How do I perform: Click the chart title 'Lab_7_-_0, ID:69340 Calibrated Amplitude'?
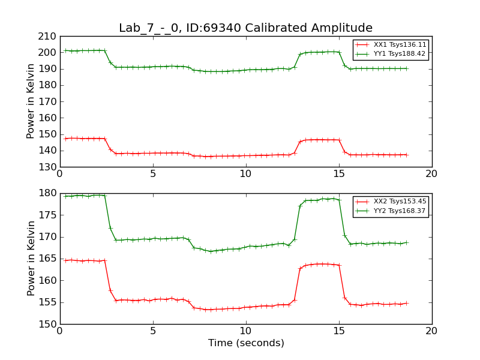pyautogui.click(x=245, y=28)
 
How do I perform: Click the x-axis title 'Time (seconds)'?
pyautogui.click(x=246, y=343)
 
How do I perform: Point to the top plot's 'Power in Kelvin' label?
pyautogui.click(x=31, y=101)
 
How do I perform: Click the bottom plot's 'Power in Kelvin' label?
pyautogui.click(x=31, y=258)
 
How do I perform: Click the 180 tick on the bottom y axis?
pyautogui.click(x=48, y=193)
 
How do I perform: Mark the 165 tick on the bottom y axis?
pyautogui.click(x=48, y=259)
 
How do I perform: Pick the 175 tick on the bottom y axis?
pyautogui.click(x=48, y=215)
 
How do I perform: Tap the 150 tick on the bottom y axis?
pyautogui.click(x=48, y=324)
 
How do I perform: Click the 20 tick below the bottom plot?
pyautogui.click(x=431, y=331)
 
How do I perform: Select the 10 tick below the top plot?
pyautogui.click(x=245, y=174)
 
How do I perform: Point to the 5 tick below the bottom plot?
pyautogui.click(x=153, y=331)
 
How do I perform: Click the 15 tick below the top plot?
pyautogui.click(x=338, y=174)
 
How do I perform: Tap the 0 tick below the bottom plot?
pyautogui.click(x=60, y=331)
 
